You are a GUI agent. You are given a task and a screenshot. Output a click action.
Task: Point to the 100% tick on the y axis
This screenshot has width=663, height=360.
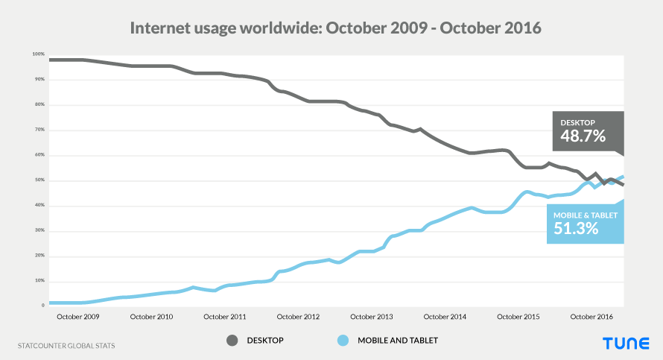(x=39, y=54)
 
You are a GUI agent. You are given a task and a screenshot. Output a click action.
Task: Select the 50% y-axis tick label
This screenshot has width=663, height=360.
(x=39, y=180)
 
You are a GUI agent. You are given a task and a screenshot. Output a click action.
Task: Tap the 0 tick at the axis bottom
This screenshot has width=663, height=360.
(x=42, y=306)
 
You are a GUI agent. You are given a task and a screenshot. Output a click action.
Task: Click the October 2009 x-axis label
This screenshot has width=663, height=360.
(x=78, y=317)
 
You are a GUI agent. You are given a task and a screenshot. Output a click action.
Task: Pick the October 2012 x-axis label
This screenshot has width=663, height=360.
(x=298, y=317)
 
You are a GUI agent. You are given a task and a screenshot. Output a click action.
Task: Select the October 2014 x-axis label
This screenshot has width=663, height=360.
(x=445, y=317)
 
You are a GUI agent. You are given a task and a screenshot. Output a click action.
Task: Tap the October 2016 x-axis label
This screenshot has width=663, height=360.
(x=591, y=317)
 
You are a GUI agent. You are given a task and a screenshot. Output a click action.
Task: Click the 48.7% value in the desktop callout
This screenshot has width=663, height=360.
(x=579, y=136)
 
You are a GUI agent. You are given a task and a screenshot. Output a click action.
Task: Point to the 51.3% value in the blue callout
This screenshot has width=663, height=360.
(x=576, y=229)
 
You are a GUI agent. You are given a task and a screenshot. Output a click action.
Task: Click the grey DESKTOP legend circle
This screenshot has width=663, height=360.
(x=232, y=341)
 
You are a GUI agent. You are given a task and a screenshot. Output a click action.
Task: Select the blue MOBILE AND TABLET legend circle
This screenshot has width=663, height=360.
(x=343, y=341)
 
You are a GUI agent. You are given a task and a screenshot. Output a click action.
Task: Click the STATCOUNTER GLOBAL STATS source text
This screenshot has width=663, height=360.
(x=66, y=346)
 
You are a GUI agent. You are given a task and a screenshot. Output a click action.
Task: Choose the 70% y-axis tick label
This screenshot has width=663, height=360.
(x=39, y=130)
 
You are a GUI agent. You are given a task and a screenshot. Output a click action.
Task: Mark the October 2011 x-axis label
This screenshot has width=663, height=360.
(x=225, y=317)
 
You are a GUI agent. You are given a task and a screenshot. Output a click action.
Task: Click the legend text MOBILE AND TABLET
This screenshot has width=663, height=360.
(x=398, y=341)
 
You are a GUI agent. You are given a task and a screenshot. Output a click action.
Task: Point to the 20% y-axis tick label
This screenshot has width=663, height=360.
(x=39, y=256)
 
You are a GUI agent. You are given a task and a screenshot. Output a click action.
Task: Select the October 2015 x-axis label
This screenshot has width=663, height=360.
(x=518, y=317)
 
